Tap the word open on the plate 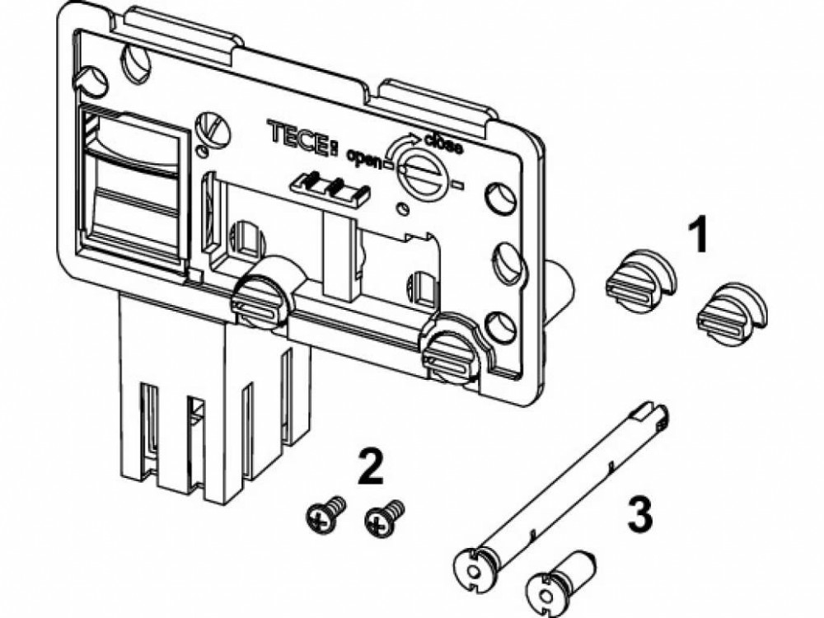(x=365, y=155)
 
